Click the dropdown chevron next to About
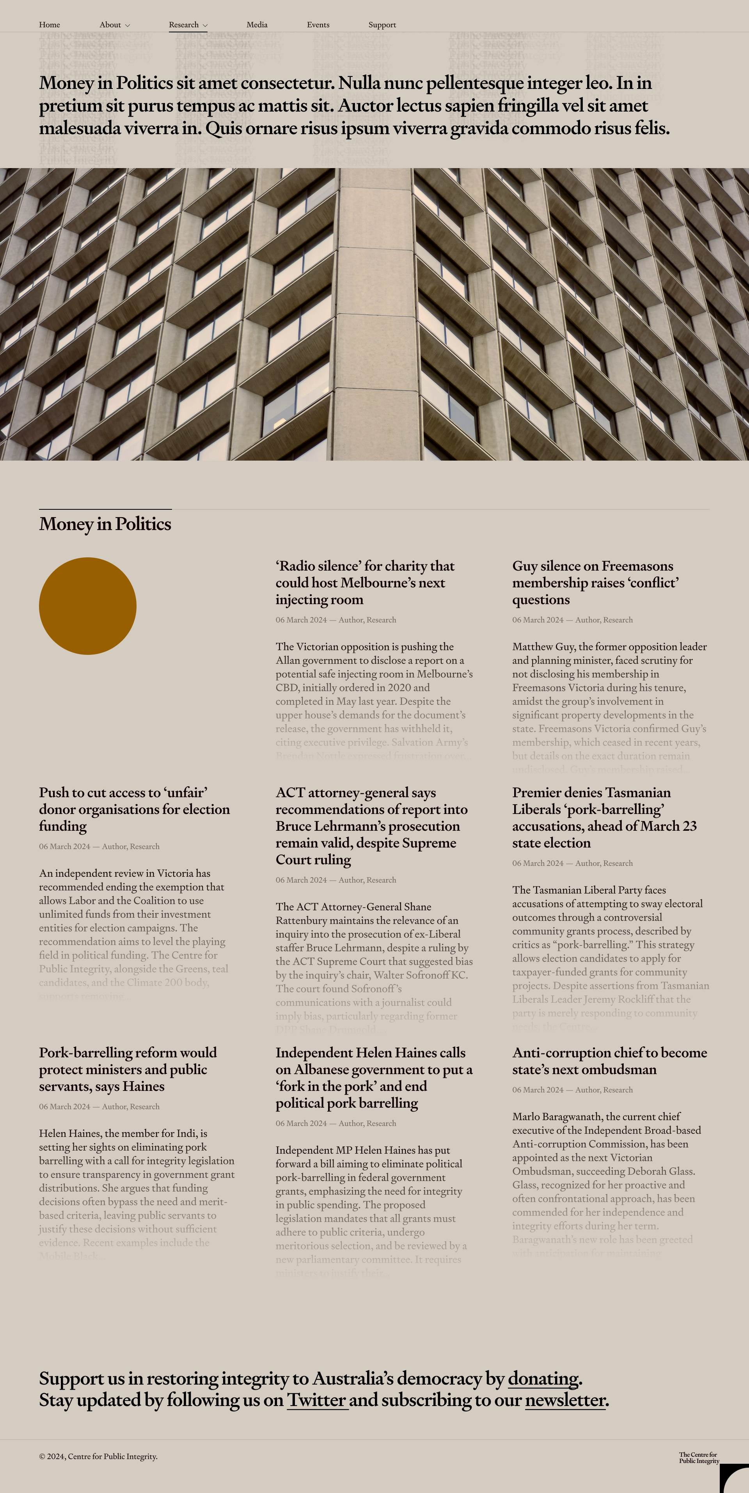[x=128, y=25]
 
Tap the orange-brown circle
[x=87, y=606]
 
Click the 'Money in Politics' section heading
[x=105, y=524]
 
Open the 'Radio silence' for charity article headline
[x=365, y=582]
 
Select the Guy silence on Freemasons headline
[x=595, y=582]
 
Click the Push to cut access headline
[x=134, y=809]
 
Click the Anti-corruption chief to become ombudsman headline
[x=609, y=1060]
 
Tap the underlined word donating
[x=543, y=1379]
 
